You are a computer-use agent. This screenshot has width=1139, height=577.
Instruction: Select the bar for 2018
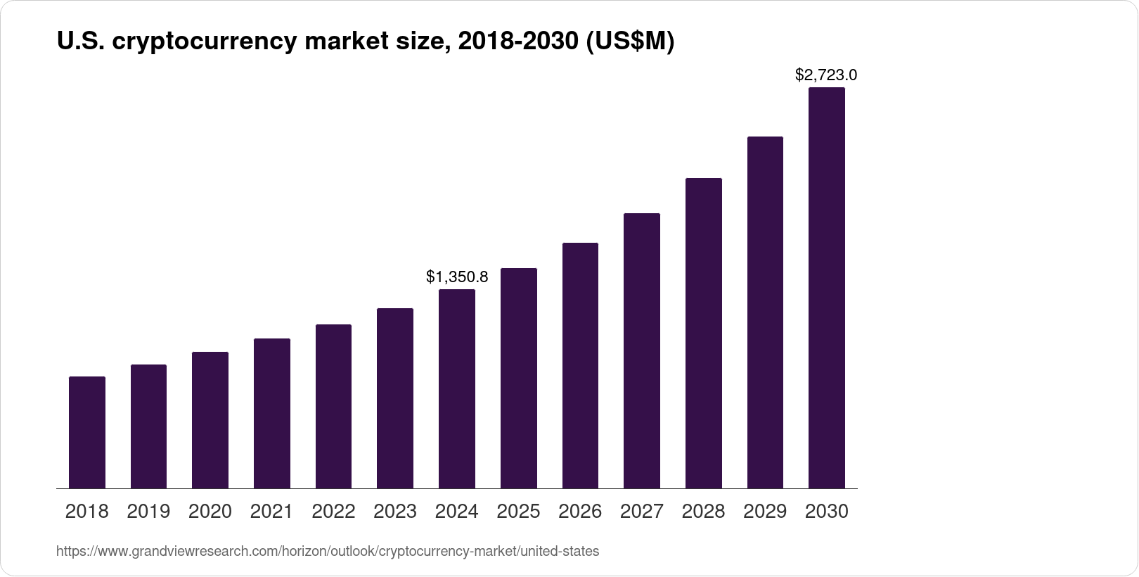87,432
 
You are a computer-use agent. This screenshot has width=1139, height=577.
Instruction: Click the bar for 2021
272,413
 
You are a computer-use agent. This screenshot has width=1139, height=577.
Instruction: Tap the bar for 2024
457,388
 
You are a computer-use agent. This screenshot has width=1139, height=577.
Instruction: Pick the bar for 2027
642,350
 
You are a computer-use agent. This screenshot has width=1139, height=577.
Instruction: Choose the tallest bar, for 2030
827,288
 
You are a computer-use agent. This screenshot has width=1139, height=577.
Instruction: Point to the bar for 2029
765,312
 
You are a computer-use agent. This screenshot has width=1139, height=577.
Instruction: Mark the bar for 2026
580,365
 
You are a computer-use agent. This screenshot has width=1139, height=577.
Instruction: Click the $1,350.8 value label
457,277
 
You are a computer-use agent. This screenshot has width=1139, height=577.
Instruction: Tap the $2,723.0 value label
826,75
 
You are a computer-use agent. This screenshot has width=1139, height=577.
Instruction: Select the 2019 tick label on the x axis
148,512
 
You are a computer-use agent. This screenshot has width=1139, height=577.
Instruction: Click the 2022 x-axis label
333,512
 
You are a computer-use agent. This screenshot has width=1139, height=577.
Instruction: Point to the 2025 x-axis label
518,512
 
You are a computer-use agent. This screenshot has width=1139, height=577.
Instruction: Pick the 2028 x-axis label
703,512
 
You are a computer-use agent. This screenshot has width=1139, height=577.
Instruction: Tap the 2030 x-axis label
827,512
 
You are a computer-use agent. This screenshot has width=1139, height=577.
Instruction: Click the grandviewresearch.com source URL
328,552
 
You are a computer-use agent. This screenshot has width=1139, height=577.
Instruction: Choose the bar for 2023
395,398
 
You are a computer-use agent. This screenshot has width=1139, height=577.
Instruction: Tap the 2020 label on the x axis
210,512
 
